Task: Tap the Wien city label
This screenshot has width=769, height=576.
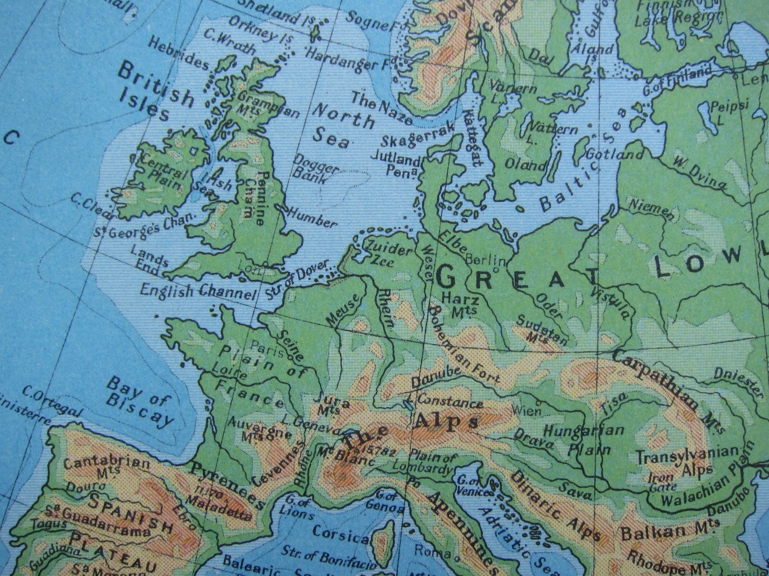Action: point(526,410)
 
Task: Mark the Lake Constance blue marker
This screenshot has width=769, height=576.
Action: point(408,404)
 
